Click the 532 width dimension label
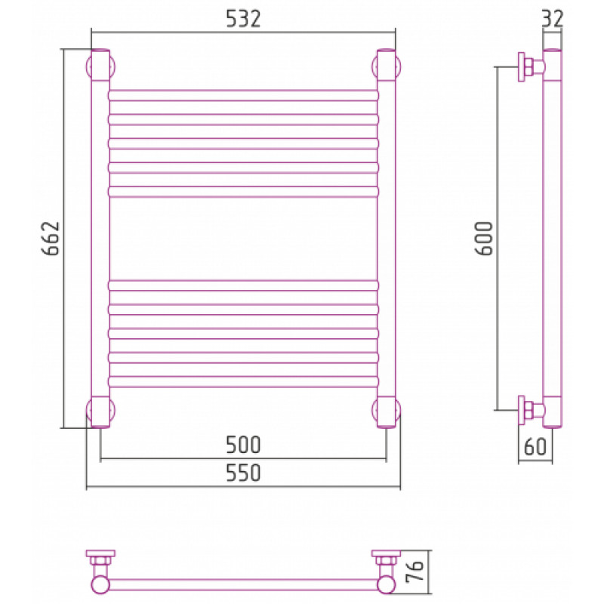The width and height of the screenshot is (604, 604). click(x=243, y=19)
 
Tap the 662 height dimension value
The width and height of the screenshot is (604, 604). click(x=51, y=239)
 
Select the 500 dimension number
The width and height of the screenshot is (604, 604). click(x=243, y=445)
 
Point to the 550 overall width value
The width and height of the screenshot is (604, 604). click(x=243, y=473)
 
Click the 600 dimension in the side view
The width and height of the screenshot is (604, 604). click(x=483, y=239)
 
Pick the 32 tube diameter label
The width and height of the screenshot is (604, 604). click(x=553, y=18)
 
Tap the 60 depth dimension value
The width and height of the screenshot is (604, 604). click(x=535, y=447)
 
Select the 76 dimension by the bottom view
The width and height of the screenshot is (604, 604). click(x=414, y=571)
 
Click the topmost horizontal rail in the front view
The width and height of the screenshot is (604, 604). click(x=243, y=96)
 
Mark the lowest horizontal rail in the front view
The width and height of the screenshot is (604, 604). click(x=243, y=382)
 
